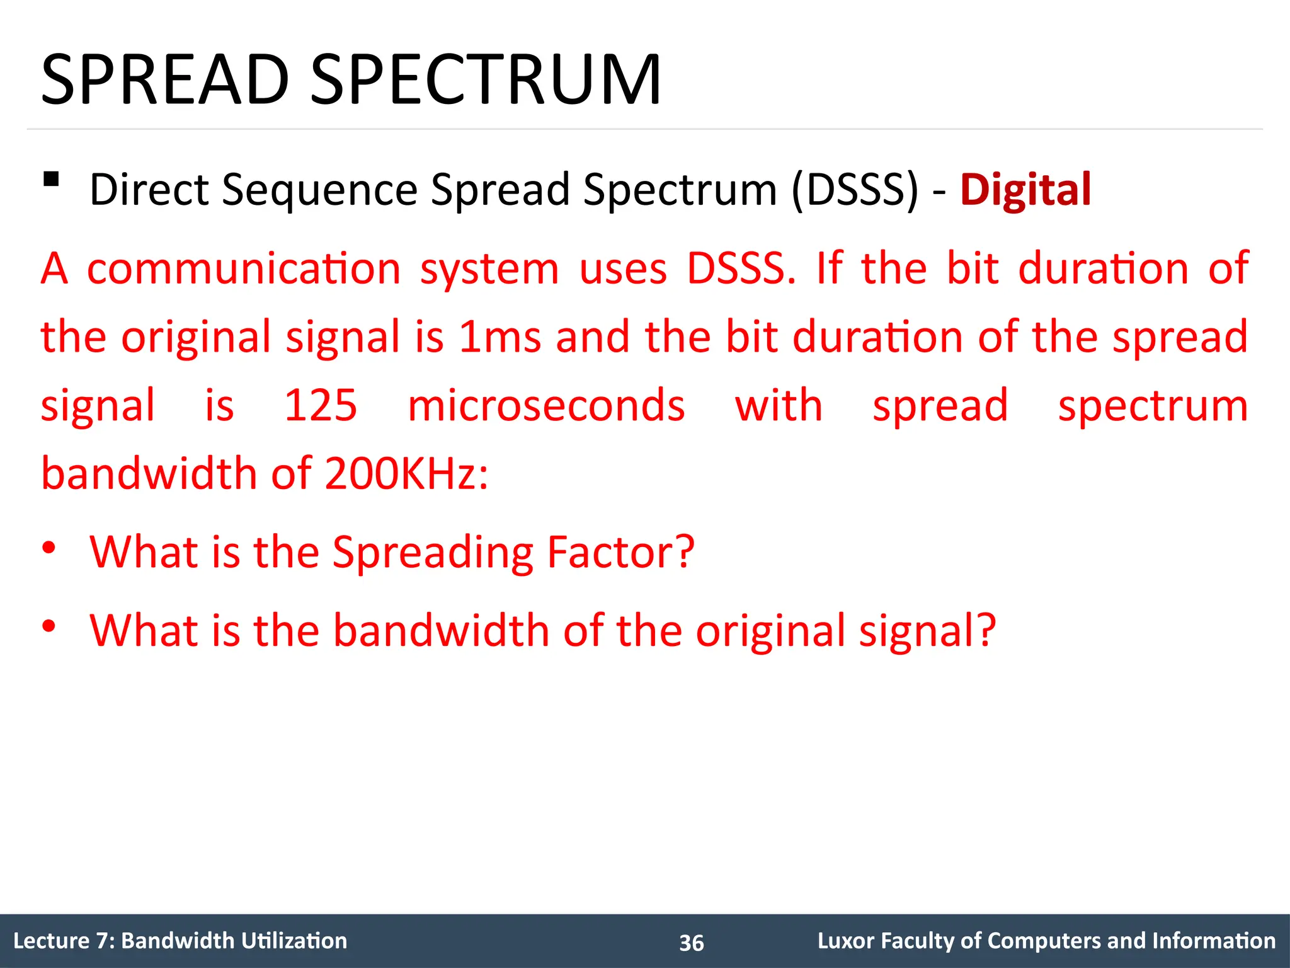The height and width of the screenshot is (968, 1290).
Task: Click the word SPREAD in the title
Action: [x=165, y=80]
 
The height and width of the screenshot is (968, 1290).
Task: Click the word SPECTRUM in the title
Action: [x=486, y=80]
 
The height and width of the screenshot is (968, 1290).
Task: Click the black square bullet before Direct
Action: [x=51, y=180]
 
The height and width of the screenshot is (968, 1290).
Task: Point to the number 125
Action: [x=321, y=405]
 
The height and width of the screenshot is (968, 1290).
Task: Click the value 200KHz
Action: [x=406, y=473]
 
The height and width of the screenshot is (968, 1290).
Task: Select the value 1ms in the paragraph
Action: [x=499, y=337]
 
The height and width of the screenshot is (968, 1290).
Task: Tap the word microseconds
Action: [x=546, y=405]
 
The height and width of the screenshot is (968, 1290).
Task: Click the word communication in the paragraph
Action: [x=244, y=269]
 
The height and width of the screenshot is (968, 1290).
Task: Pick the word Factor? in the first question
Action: [x=620, y=552]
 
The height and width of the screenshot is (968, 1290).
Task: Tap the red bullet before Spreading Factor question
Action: [x=49, y=548]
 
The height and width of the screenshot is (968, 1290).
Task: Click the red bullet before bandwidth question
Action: [x=49, y=626]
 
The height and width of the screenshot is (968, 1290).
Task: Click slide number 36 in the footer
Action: [x=691, y=943]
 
